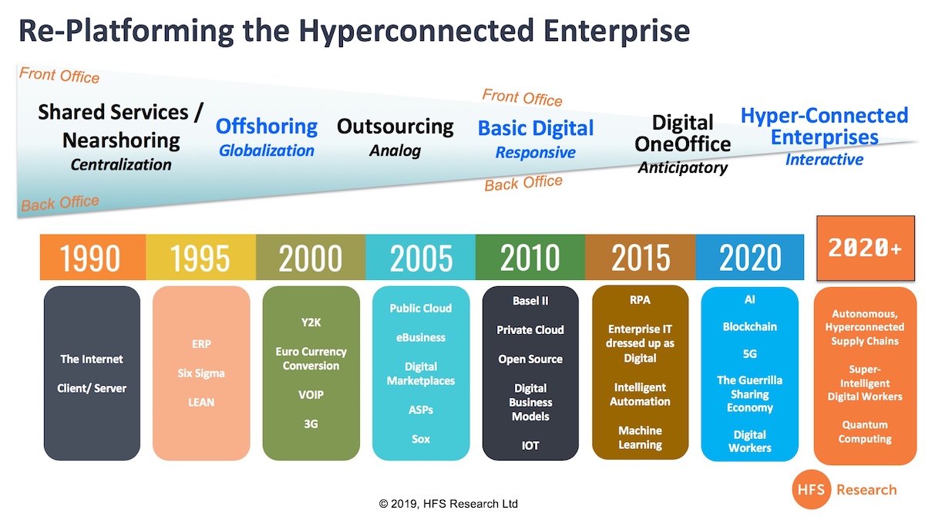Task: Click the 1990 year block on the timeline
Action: [x=93, y=257]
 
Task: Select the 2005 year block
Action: [x=420, y=257]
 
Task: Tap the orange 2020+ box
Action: [x=866, y=248]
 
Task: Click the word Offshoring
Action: [x=267, y=126]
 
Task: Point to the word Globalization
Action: [x=267, y=150]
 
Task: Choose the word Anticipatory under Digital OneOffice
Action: [x=683, y=167]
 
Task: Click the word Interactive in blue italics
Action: [x=824, y=160]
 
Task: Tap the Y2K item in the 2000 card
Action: [x=311, y=322]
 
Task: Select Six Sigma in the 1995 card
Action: [x=201, y=373]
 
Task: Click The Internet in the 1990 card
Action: [x=92, y=359]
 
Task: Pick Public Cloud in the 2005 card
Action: [x=420, y=308]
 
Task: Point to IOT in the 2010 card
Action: [x=530, y=446]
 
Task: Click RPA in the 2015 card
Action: [x=640, y=299]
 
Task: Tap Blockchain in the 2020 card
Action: [x=749, y=326]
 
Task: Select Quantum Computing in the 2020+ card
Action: [x=865, y=432]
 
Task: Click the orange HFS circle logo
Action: [x=811, y=489]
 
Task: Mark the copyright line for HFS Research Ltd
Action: [x=448, y=504]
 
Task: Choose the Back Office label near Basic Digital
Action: [x=523, y=183]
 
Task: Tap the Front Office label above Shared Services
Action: [x=59, y=76]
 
